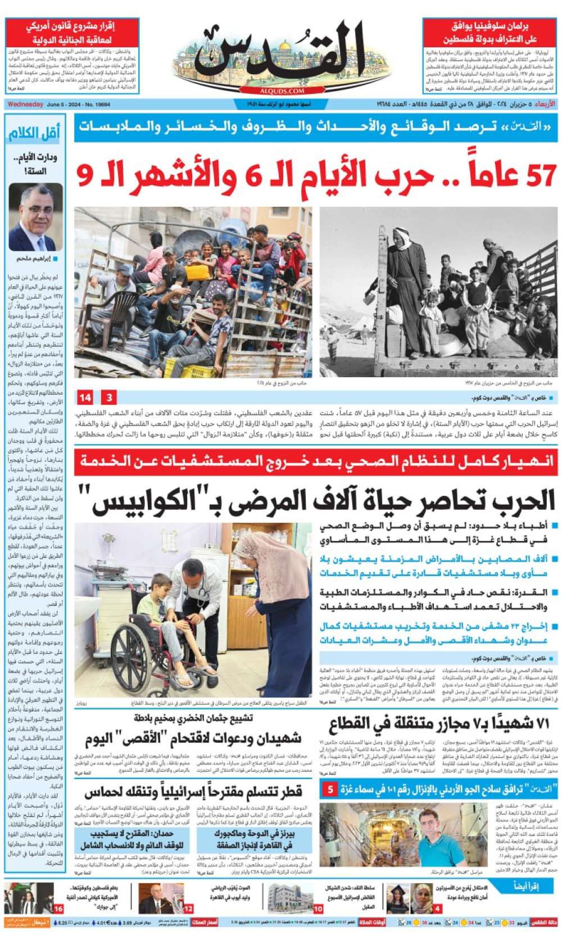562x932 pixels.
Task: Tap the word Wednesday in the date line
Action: (x=25, y=105)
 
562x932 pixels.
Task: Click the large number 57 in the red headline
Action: (x=533, y=176)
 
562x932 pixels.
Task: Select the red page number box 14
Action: (x=85, y=397)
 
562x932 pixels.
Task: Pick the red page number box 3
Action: (x=109, y=397)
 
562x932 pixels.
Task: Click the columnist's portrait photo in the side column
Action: (x=35, y=218)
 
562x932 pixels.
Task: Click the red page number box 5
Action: (x=330, y=790)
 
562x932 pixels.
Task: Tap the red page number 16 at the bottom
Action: (x=58, y=909)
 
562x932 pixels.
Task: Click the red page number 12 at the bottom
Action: (x=188, y=909)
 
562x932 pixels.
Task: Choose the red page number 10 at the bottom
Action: (x=318, y=909)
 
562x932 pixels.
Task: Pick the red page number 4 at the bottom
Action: (x=437, y=909)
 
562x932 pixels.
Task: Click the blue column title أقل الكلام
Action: (x=34, y=133)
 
